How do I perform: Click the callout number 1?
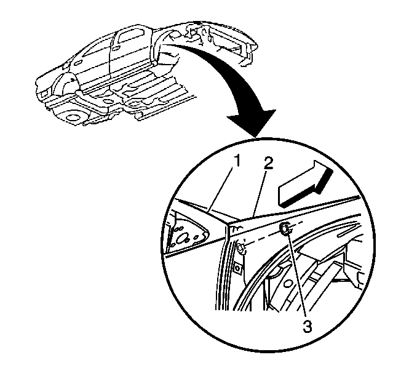pos(236,161)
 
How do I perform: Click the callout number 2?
pos(268,163)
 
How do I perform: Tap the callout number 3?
pos(308,326)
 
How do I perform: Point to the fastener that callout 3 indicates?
pos(285,228)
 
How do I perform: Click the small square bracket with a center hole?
pos(237,268)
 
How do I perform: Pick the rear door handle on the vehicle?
pos(116,49)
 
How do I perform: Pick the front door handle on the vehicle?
pos(78,63)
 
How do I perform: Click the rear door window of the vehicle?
pos(130,36)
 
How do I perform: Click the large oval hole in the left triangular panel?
pos(182,238)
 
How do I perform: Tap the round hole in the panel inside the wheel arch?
pos(287,284)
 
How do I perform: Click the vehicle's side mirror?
pos(65,66)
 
